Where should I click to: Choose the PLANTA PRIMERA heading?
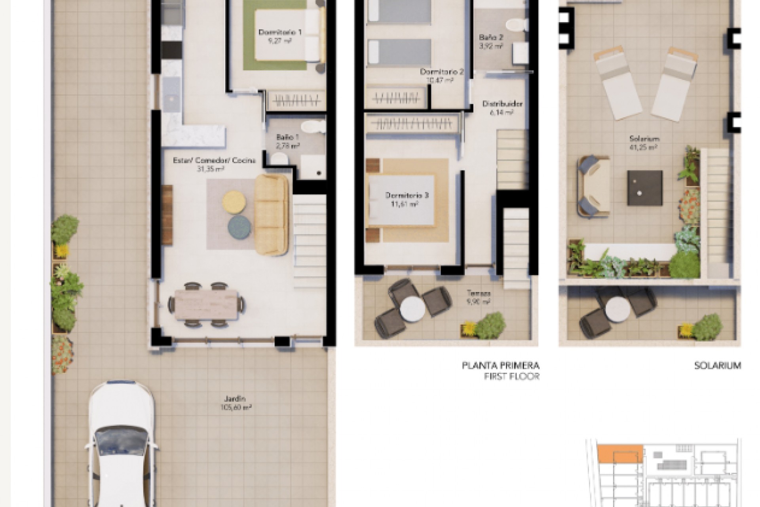500,365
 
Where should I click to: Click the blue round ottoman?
239,227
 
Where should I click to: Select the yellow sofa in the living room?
272,214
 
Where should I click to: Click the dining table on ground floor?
207,304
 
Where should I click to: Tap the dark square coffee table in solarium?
644,188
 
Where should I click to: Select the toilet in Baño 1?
280,159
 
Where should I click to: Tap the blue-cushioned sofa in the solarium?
593,186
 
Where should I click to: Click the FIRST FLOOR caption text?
511,376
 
